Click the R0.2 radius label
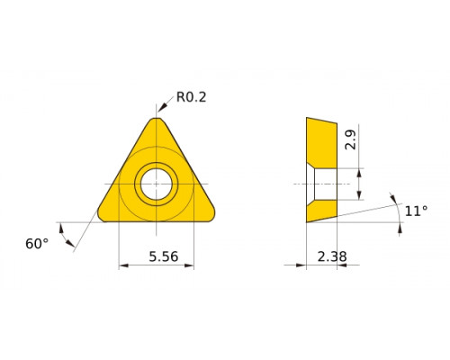click(191, 97)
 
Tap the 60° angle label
click(37, 244)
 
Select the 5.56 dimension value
click(164, 256)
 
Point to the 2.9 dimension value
click(350, 139)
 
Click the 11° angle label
click(416, 211)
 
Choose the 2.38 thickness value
click(332, 256)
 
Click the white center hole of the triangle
click(157, 184)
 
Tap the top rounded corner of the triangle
click(157, 119)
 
